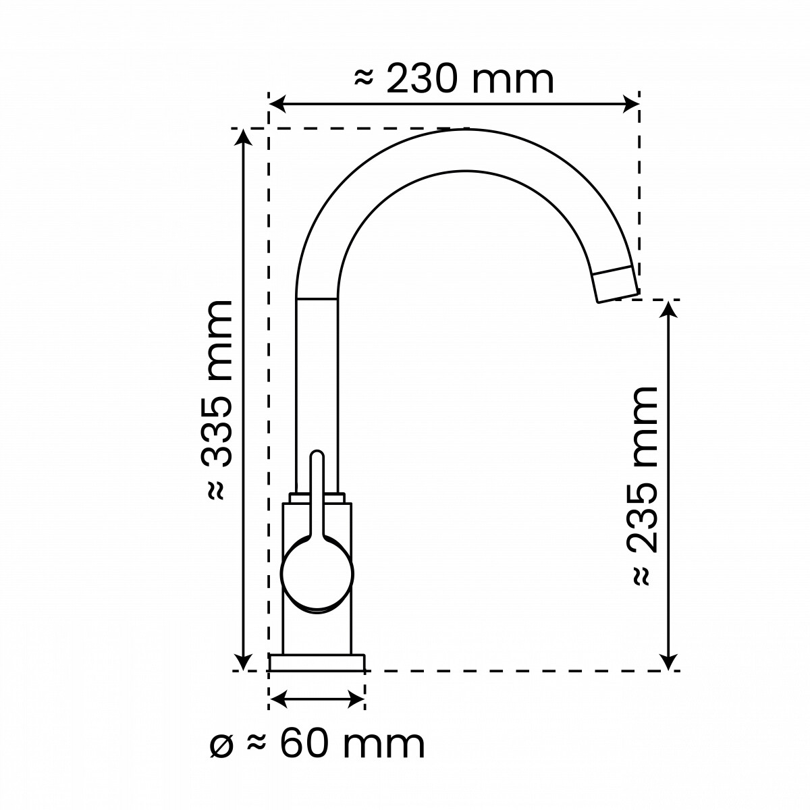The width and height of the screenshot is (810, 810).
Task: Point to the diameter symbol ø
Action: coord(221,748)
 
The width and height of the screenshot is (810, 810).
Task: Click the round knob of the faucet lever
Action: coord(317,574)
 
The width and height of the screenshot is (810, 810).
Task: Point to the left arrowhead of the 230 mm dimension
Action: coord(277,104)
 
